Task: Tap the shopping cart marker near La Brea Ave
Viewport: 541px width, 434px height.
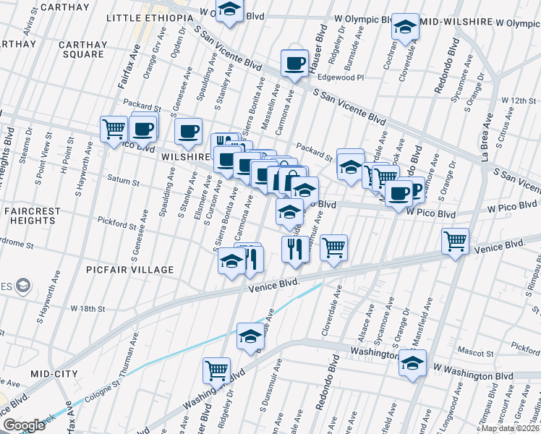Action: pos(455,242)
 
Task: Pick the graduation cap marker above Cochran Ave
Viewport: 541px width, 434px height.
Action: pos(405,28)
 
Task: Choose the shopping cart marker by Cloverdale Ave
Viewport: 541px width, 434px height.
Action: pos(333,247)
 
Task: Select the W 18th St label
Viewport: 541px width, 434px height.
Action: pos(88,308)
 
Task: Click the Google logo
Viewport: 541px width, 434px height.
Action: pos(24,425)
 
